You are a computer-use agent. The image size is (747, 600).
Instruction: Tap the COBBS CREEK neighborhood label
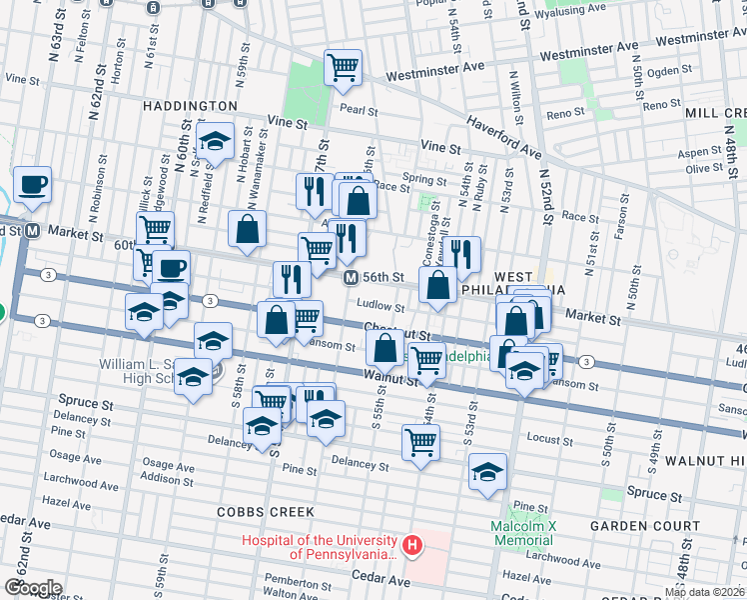[x=266, y=512]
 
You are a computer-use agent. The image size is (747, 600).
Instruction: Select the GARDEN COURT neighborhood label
[x=644, y=526]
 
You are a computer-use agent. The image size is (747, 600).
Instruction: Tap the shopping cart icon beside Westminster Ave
[x=343, y=67]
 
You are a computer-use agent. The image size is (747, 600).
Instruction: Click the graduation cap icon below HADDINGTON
[x=214, y=143]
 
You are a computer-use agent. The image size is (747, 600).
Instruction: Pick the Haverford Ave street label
[x=504, y=138]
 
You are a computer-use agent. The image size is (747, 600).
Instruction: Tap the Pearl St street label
[x=359, y=111]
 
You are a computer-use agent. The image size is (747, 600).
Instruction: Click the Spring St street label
[x=423, y=181]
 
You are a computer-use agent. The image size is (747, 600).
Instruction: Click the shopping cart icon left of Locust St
[x=420, y=441]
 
